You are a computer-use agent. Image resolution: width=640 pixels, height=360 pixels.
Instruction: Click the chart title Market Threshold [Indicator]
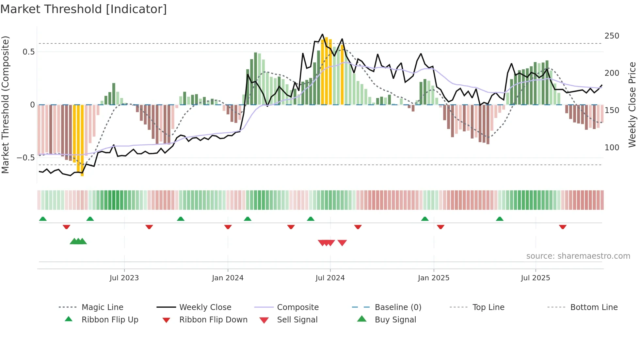[84, 9]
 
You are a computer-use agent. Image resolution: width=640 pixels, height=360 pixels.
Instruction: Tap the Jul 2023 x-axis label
[124, 278]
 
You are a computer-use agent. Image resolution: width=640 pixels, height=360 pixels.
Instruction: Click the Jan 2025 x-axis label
[434, 278]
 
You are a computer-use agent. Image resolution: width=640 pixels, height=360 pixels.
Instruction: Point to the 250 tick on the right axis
[612, 36]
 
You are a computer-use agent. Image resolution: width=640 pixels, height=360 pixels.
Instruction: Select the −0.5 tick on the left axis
[25, 158]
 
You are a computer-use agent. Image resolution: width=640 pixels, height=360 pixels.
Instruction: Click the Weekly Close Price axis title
[632, 105]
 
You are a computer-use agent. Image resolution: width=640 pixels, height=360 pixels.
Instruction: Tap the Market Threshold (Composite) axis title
[5, 105]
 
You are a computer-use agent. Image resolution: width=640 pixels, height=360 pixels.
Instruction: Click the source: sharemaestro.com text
[578, 256]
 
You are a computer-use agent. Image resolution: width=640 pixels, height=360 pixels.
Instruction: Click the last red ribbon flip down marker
[562, 227]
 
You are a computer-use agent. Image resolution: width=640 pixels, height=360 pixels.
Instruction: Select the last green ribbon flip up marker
[500, 219]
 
